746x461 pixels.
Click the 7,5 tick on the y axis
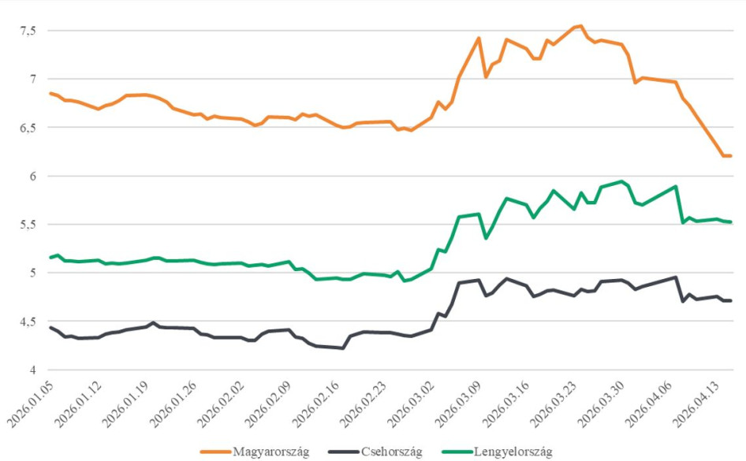tap(28, 31)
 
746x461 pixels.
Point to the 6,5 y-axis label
tap(28, 128)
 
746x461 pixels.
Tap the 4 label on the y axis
tap(33, 370)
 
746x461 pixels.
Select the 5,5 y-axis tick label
tap(28, 225)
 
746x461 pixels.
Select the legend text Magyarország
tap(270, 452)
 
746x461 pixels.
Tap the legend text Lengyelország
tap(513, 452)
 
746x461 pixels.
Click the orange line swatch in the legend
tap(215, 452)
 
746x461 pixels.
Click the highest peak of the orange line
tap(580, 25)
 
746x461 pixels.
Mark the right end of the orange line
tap(731, 156)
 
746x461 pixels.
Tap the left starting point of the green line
tap(50, 258)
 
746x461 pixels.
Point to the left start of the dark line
tap(50, 327)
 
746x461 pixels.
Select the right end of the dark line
tap(731, 300)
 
